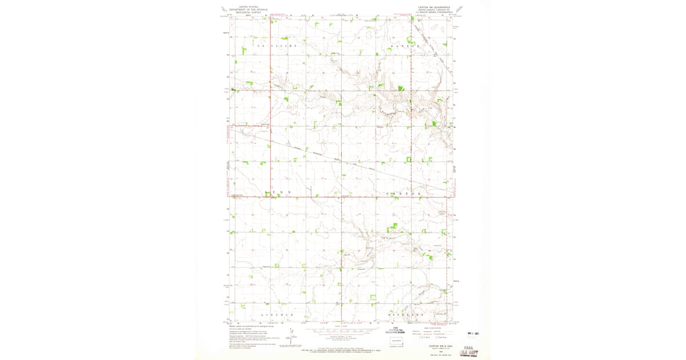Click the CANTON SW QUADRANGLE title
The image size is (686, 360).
pos(434,7)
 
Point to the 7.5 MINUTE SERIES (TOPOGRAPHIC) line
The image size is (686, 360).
pos(434,13)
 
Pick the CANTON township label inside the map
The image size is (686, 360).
pos(404,193)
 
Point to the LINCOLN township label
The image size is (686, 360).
pos(277,315)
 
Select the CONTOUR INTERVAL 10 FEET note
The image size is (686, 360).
pos(343,337)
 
